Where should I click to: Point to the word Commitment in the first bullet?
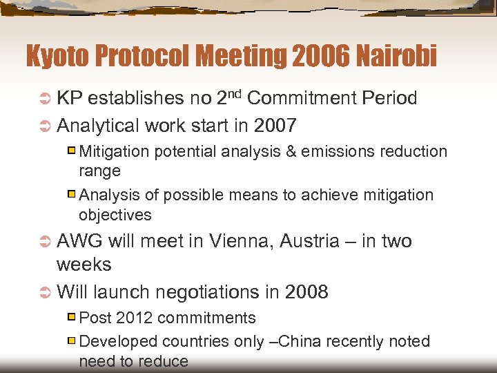coord(301,98)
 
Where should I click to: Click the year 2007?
coord(275,126)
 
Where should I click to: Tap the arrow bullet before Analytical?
coord(45,126)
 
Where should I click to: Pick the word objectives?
coord(115,215)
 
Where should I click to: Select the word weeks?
coord(84,265)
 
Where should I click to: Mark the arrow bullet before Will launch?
coord(45,293)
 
